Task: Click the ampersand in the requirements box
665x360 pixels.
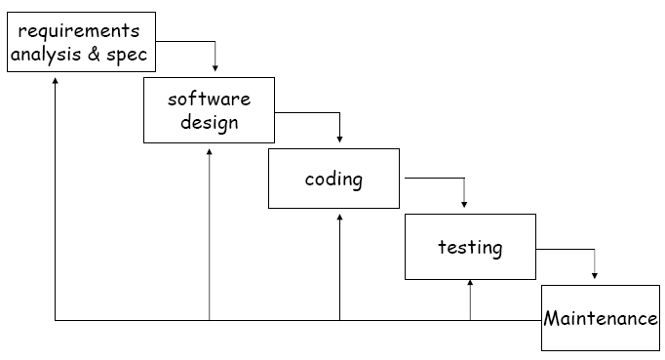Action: [x=95, y=54]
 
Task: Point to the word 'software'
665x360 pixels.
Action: [x=209, y=99]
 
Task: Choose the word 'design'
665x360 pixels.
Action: [x=209, y=122]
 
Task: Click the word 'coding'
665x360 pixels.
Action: [x=333, y=179]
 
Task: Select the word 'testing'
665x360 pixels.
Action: [x=470, y=247]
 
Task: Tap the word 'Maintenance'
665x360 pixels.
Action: [x=601, y=318]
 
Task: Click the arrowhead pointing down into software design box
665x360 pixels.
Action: [x=215, y=68]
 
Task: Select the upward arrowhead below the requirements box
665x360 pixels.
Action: [x=56, y=80]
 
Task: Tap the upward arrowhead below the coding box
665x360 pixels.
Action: [x=339, y=217]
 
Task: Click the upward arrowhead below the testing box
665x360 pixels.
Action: [x=470, y=284]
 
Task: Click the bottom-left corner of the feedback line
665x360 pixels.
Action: [x=56, y=320]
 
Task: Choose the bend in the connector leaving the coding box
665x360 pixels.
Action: [x=464, y=179]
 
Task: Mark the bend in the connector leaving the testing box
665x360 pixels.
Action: [x=595, y=249]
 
